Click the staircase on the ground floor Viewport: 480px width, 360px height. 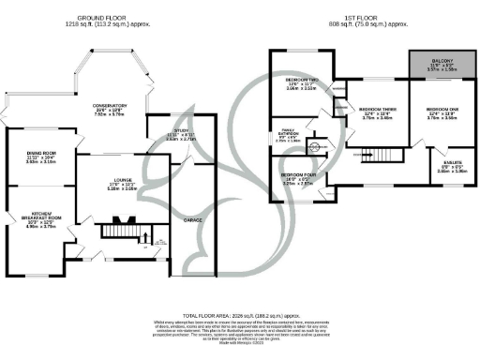119,230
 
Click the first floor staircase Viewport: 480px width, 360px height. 387,154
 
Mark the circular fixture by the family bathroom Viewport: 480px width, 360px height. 315,147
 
